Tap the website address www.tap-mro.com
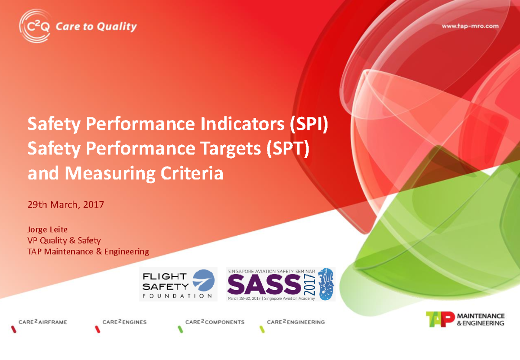pyautogui.click(x=470, y=26)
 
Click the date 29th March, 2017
pyautogui.click(x=65, y=204)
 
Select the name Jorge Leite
pyautogui.click(x=47, y=229)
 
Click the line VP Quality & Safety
pyautogui.click(x=64, y=240)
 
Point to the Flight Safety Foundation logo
pyautogui.click(x=178, y=284)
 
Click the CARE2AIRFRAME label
pyautogui.click(x=42, y=322)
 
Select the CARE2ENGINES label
pyautogui.click(x=124, y=322)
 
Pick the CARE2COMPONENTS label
pyautogui.click(x=214, y=322)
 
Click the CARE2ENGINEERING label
pyautogui.click(x=296, y=322)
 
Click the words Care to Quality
pyautogui.click(x=96, y=26)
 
